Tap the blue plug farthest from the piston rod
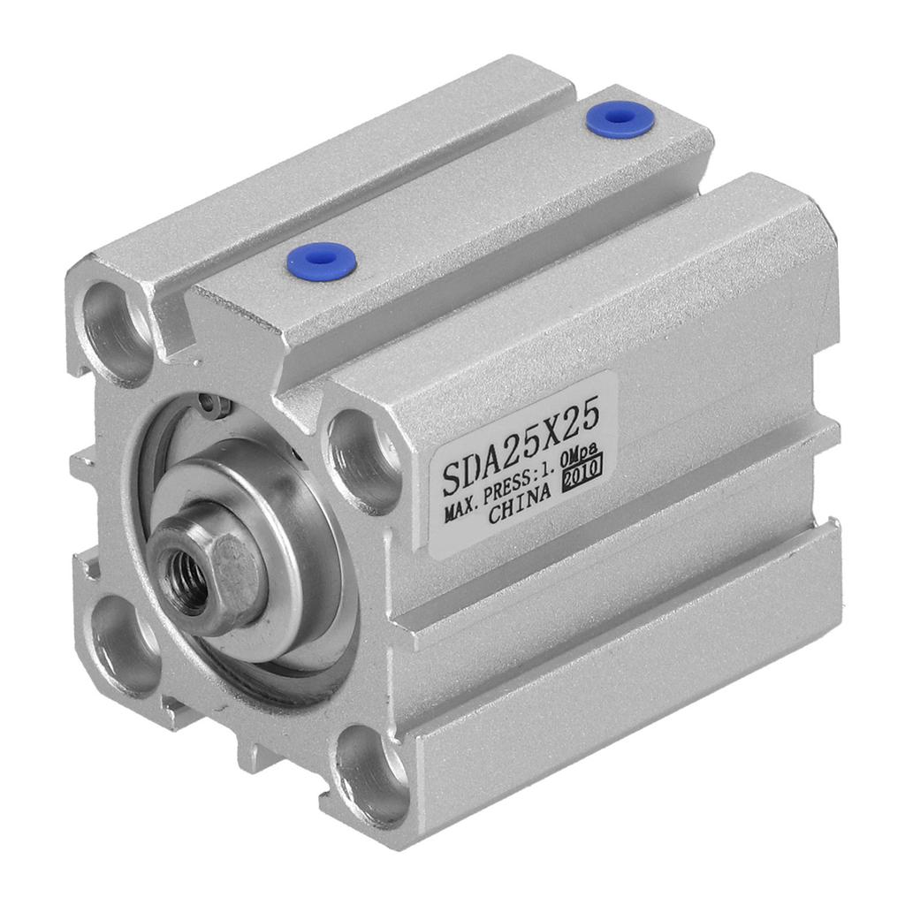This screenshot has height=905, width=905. [x=620, y=119]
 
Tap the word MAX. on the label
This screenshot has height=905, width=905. [x=463, y=512]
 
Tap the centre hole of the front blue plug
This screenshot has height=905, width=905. [x=322, y=262]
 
